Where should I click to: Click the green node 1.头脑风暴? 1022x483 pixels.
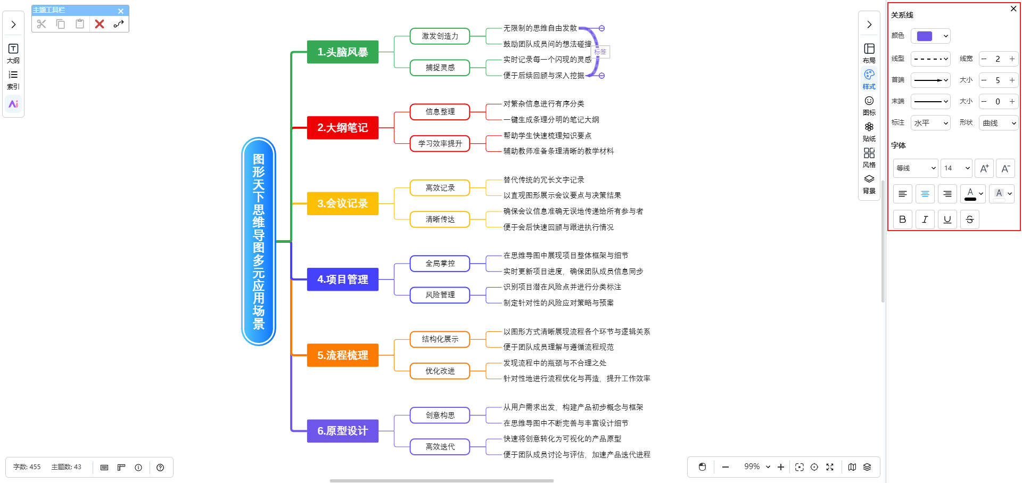pos(342,52)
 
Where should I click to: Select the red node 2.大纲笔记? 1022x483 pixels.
pos(342,128)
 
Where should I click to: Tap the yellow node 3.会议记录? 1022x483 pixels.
pos(342,203)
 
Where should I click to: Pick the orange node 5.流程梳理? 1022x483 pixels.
pos(342,355)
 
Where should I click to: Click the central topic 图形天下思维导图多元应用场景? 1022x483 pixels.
pos(259,241)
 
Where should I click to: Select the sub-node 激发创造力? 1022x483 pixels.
pos(440,36)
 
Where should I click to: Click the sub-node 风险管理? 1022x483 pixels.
pos(440,295)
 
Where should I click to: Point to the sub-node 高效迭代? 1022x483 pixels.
pos(440,447)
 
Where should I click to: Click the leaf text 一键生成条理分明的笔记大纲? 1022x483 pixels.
pos(551,120)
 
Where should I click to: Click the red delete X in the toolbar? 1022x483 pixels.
pos(100,24)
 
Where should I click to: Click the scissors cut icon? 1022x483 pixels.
pos(42,24)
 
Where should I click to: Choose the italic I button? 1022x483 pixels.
pos(925,219)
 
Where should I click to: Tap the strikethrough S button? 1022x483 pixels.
pos(970,219)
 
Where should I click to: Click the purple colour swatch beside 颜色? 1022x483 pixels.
pos(925,36)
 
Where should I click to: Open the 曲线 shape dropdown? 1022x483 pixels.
pos(999,123)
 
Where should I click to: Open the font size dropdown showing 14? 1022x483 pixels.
pos(957,168)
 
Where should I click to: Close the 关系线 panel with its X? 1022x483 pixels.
pos(1013,9)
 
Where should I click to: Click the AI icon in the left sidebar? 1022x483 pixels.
pos(13,104)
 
